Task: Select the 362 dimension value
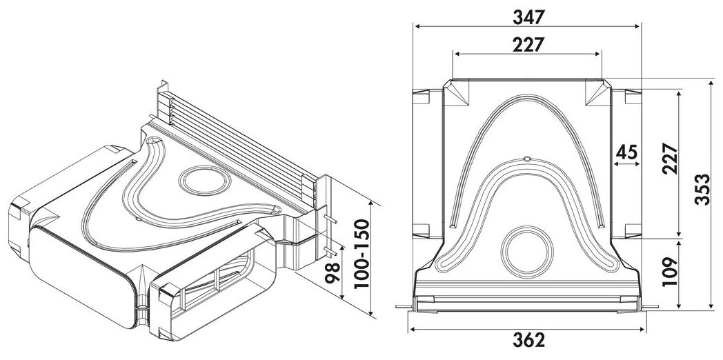pos(528,339)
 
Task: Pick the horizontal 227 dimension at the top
pos(528,43)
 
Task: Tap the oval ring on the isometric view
pos(205,181)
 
